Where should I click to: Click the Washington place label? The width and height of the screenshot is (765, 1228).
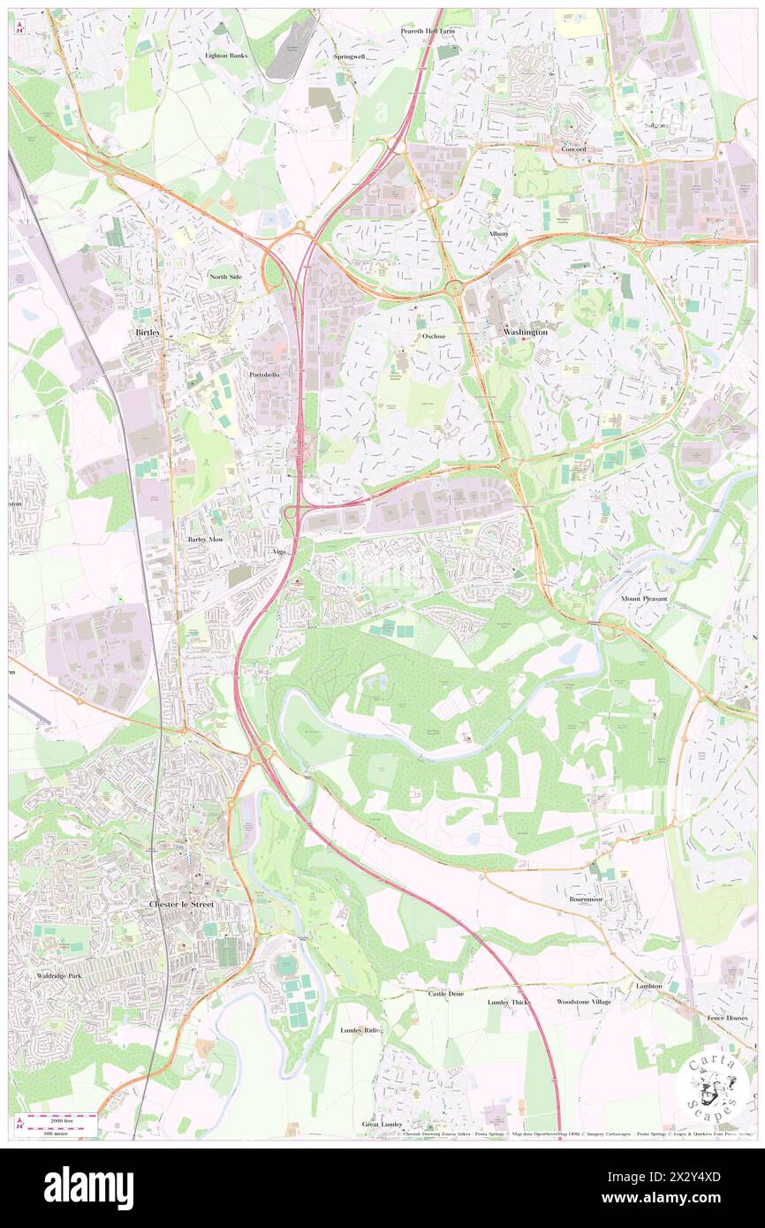(x=526, y=331)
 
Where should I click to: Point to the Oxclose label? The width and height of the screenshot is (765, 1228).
(x=434, y=337)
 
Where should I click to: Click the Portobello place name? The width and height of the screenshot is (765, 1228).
(x=264, y=375)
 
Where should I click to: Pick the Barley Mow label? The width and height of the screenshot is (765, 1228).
(x=204, y=538)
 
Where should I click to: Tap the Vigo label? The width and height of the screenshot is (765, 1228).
(x=280, y=551)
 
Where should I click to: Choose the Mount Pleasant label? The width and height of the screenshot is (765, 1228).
(x=644, y=598)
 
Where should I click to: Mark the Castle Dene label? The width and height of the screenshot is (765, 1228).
(x=446, y=994)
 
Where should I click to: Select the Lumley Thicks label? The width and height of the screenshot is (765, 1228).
(x=510, y=1003)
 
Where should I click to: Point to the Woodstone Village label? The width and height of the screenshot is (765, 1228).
(x=584, y=1002)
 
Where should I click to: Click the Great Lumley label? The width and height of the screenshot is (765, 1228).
(x=382, y=1125)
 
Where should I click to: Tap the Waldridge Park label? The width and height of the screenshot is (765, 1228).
(x=60, y=975)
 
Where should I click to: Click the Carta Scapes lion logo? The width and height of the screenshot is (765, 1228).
(x=713, y=1087)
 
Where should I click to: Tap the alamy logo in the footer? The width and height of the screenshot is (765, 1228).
(x=88, y=1187)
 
